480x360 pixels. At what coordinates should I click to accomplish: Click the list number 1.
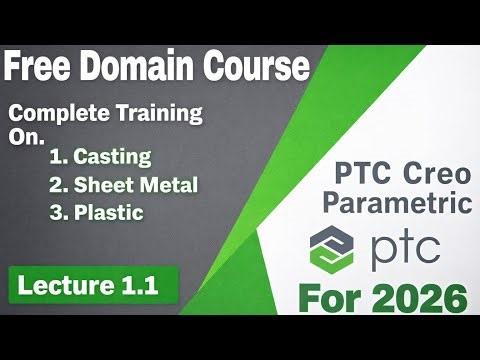[56, 156]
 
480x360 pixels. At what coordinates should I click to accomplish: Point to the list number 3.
[56, 212]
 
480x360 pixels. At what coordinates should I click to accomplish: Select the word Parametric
[403, 204]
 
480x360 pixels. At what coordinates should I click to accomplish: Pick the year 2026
[424, 297]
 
